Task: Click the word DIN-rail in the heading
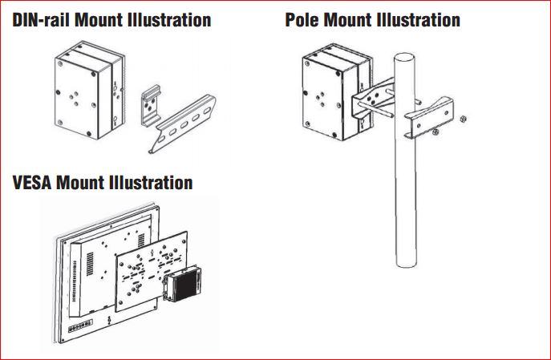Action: tap(42, 20)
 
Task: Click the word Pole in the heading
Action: tap(302, 20)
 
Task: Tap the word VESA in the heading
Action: tap(32, 183)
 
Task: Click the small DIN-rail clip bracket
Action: tap(152, 104)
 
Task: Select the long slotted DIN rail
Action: tap(183, 124)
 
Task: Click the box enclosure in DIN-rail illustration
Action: tap(90, 91)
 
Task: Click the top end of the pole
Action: tap(404, 58)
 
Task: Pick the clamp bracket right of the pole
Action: tap(429, 118)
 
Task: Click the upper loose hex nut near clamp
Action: tap(463, 119)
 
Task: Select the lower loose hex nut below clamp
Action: tap(436, 131)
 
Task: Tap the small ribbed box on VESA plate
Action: tap(183, 283)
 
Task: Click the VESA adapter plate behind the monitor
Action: tap(151, 272)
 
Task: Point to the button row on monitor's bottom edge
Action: tap(80, 326)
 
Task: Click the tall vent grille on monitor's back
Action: tap(90, 264)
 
